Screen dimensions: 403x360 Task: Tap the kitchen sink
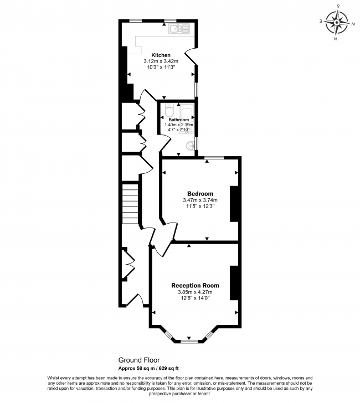(181, 28)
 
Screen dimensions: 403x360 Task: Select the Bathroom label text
(178, 120)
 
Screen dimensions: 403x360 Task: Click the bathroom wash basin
(191, 146)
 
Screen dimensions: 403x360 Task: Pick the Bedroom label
(200, 193)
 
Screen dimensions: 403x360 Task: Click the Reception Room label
(195, 286)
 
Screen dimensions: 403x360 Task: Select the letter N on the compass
(336, 39)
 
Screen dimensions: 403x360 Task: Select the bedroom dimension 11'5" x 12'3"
(200, 206)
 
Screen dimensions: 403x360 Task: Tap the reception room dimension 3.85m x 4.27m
(195, 292)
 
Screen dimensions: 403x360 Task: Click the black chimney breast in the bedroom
(234, 203)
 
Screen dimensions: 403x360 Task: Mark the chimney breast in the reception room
(234, 282)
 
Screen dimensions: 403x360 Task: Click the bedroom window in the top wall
(213, 158)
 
